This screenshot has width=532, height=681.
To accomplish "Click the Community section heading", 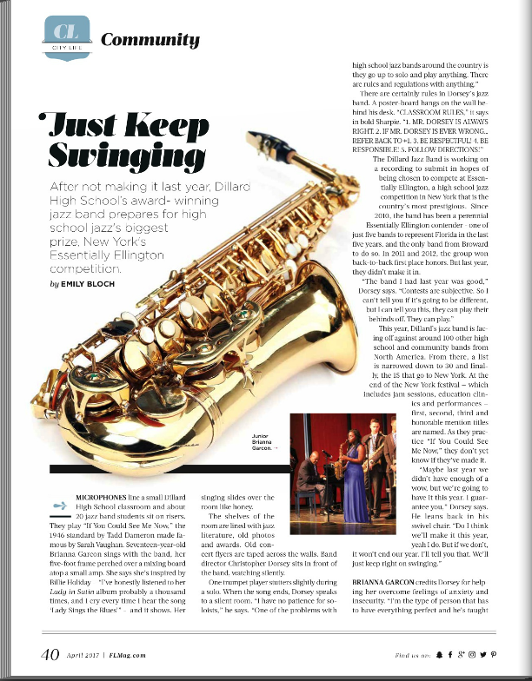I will point(150,39).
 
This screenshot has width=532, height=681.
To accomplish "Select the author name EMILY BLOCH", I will point(92,284).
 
